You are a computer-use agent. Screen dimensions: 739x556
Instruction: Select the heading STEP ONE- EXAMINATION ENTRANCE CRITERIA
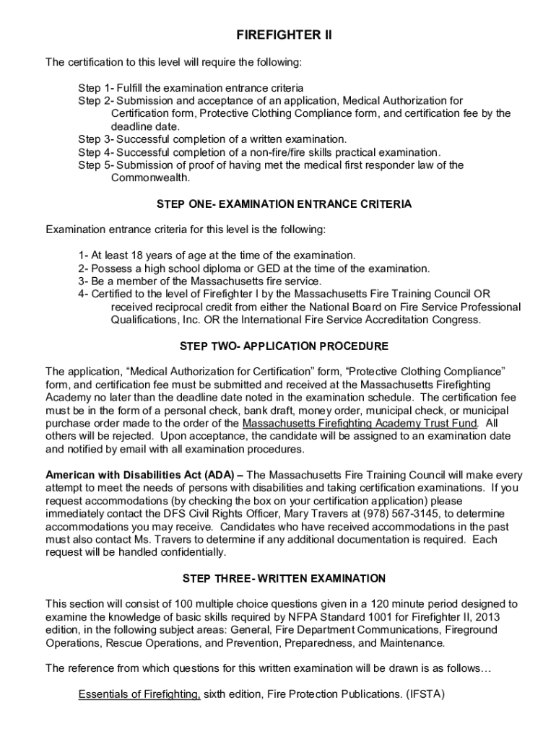284,204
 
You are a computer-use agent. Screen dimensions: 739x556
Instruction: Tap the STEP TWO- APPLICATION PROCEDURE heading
284,346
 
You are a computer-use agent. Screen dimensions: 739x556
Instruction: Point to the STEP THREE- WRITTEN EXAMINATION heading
284,578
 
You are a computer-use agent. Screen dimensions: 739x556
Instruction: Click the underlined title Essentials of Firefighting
139,694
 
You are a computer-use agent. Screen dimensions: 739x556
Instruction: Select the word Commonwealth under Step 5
150,178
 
